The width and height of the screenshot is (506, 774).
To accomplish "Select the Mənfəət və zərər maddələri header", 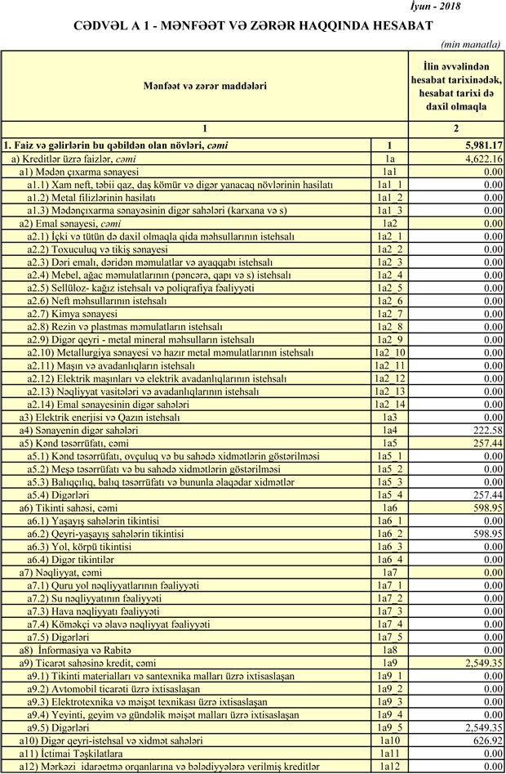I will click(x=205, y=85).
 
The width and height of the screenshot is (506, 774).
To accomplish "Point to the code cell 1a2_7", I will click(x=389, y=314).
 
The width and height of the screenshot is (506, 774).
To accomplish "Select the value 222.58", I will click(x=485, y=430).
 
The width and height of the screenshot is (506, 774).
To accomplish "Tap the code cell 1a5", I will click(x=389, y=443).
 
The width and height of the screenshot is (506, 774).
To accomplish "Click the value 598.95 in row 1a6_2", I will click(x=485, y=533).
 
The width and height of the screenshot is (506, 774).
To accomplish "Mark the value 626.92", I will click(x=485, y=740).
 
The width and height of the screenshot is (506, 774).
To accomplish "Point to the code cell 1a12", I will click(x=389, y=767).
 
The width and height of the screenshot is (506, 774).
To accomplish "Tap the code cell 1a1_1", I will click(x=389, y=185).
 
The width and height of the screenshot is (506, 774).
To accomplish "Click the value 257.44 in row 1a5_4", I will click(x=485, y=494).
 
